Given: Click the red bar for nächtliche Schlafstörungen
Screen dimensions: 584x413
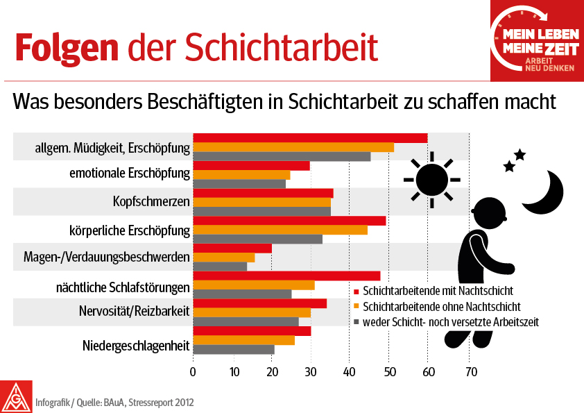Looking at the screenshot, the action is click(286, 276).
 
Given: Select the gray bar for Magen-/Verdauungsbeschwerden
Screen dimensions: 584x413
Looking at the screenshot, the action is click(220, 267).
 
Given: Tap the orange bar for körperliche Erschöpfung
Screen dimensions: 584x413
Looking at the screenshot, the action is click(280, 230).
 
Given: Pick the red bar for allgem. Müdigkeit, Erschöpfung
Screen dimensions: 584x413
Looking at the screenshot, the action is click(310, 138).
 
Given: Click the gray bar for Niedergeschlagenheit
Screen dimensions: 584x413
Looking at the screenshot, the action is click(234, 349).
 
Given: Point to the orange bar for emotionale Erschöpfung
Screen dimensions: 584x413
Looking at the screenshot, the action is click(242, 175).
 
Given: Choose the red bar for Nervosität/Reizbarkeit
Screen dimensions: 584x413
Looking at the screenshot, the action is click(260, 303).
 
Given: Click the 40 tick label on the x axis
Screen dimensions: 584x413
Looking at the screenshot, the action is click(349, 371).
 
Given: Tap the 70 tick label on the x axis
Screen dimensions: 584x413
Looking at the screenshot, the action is click(471, 371).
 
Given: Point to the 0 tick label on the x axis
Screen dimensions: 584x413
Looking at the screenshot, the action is click(193, 371).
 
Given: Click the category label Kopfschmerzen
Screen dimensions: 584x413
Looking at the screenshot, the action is click(151, 202).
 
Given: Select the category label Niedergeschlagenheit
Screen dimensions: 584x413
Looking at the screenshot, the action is click(136, 346).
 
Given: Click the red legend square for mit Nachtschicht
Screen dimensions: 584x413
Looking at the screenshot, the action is click(356, 291).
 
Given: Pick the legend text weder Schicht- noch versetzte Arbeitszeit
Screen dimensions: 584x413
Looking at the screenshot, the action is click(451, 322).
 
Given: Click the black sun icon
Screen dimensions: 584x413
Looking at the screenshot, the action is click(432, 180).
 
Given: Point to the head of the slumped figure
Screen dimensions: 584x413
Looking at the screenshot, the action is click(488, 214).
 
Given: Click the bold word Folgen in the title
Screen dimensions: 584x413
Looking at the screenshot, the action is click(67, 49).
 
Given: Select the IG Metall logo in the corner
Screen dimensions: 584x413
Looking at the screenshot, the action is click(16, 396).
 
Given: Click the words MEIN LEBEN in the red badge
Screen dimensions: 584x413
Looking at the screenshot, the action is click(541, 35).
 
